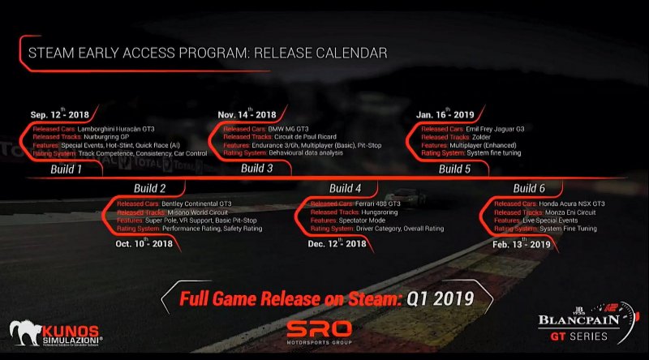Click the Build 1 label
point(67,169)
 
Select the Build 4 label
point(346,189)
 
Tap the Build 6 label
point(530,189)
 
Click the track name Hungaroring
point(387,212)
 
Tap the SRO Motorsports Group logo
point(319,332)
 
